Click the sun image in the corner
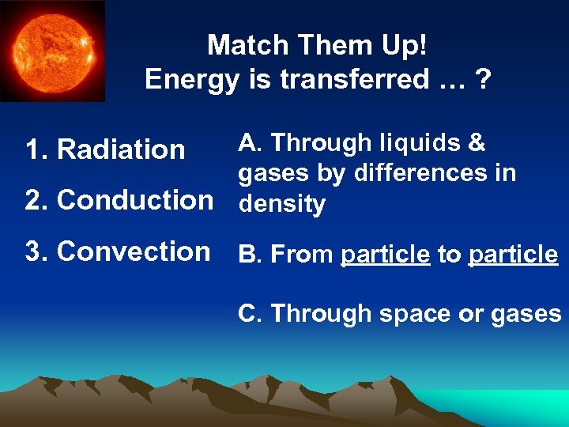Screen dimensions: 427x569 coord(52,51)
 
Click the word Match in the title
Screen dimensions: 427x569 coord(242,45)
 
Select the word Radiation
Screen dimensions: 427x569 coord(122,149)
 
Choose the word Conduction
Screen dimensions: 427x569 coord(135,200)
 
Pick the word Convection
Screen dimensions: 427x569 coord(134,251)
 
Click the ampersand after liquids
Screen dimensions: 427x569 coord(477,143)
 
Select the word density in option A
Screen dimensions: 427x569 coord(281,205)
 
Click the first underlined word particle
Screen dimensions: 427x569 coord(386,255)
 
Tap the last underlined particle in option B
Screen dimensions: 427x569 coord(513,255)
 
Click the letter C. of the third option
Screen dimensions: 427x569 coord(251,314)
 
